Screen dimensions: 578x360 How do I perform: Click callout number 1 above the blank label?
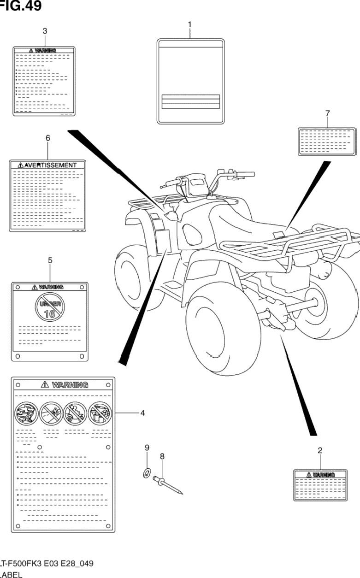coord(189,24)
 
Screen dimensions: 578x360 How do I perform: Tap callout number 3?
coord(45,31)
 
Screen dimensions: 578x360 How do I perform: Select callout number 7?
coord(327,113)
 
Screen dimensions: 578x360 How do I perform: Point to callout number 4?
coord(142,413)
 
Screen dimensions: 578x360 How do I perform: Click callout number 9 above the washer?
coord(147,448)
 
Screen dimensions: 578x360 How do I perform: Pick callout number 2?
coord(319,450)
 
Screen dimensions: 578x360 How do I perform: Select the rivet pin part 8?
coord(168,484)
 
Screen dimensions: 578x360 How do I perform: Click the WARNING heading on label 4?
coord(65,384)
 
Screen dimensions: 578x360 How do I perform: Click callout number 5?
coord(50,260)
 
